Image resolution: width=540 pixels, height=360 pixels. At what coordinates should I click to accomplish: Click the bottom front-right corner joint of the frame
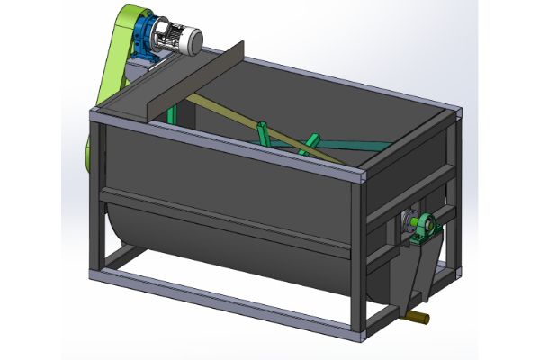pyautogui.click(x=360, y=334)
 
